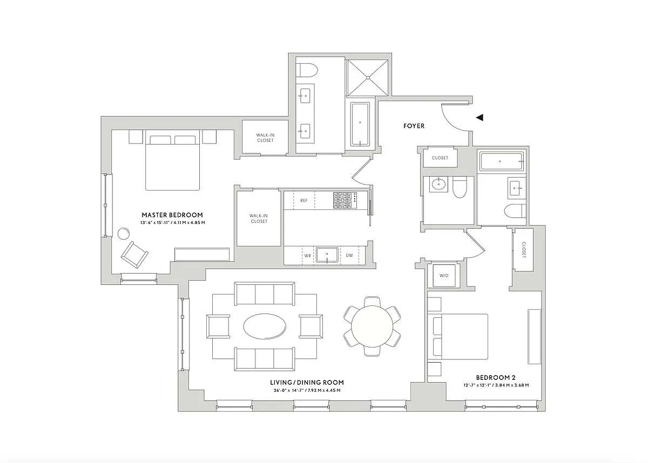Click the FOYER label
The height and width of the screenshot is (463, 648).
tap(414, 126)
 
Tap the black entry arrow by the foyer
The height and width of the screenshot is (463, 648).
tap(480, 117)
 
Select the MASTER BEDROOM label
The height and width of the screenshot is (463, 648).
tap(172, 215)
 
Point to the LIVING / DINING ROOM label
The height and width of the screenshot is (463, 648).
tap(307, 383)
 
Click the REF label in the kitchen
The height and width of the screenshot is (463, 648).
tap(303, 201)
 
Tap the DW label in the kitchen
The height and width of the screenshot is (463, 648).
tap(349, 255)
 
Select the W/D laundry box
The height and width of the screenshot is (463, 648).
tap(444, 275)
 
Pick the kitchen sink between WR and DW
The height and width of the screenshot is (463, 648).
tap(327, 255)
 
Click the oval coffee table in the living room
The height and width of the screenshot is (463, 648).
tap(265, 326)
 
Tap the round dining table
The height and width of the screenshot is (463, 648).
tap(372, 326)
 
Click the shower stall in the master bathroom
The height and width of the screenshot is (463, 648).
tap(367, 78)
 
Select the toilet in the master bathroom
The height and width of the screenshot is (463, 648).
tap(308, 71)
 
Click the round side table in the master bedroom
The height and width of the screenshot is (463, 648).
tap(124, 234)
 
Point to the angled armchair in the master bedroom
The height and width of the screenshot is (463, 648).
tap(134, 254)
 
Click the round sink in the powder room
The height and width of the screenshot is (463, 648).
tap(437, 186)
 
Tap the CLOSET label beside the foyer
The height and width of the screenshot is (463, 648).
tap(440, 158)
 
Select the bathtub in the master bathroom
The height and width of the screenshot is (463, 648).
tap(360, 124)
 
